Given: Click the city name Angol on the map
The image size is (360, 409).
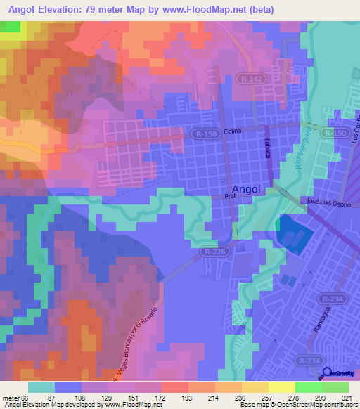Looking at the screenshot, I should [x=245, y=190].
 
